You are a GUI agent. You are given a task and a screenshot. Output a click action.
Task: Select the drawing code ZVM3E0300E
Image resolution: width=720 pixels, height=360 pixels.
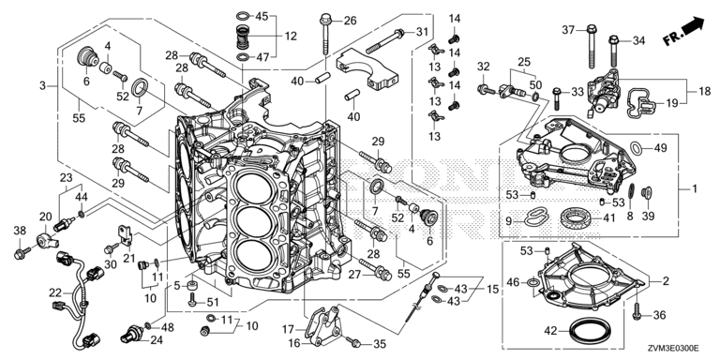[673, 349]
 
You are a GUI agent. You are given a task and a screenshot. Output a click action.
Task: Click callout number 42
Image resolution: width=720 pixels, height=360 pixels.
[549, 331]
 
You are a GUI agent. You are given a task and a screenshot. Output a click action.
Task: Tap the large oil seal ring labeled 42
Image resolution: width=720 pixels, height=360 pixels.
[590, 331]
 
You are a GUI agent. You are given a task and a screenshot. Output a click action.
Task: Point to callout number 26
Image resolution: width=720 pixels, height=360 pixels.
[350, 21]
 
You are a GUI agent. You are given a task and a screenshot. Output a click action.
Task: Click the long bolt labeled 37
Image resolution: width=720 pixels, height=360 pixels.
[591, 46]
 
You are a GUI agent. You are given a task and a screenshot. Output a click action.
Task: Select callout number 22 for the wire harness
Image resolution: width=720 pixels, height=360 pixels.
[55, 292]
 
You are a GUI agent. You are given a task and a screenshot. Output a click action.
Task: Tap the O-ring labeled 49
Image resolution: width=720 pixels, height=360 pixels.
[636, 148]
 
